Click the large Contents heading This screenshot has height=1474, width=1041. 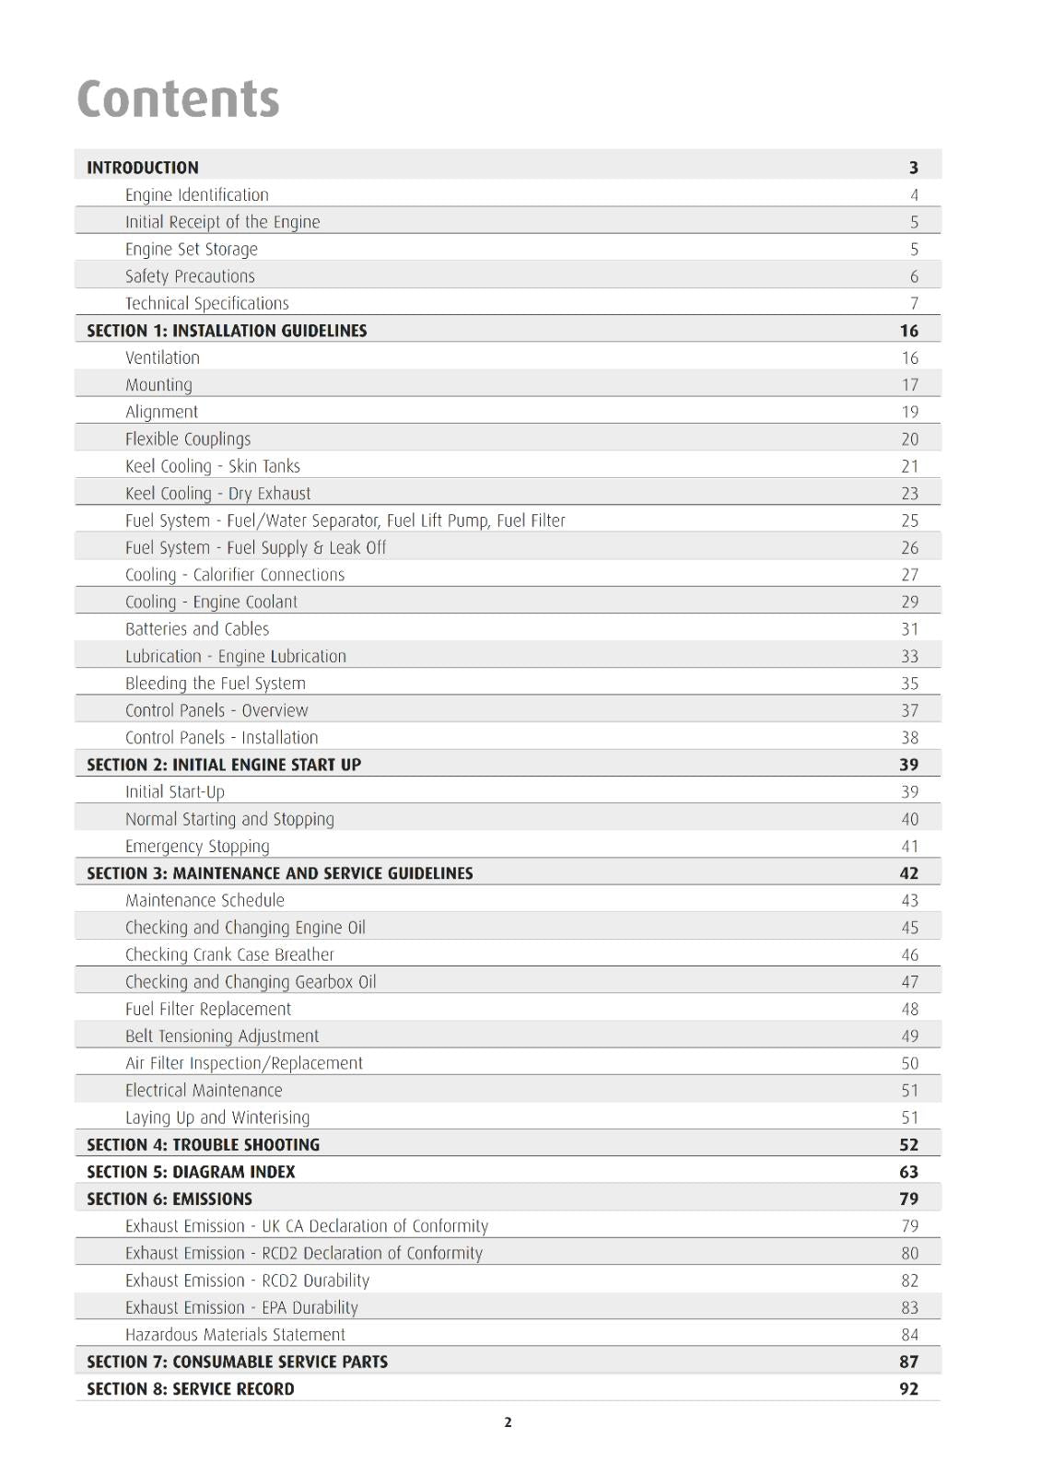click(x=178, y=99)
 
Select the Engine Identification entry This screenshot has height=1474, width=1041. click(x=197, y=195)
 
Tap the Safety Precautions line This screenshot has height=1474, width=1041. click(x=190, y=276)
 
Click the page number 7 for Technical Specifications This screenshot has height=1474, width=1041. click(x=914, y=304)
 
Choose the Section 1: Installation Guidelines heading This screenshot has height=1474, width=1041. click(x=227, y=331)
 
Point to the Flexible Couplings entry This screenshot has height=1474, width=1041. click(x=188, y=439)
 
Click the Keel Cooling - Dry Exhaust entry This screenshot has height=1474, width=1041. click(x=218, y=494)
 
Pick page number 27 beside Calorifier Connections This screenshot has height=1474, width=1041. click(x=910, y=575)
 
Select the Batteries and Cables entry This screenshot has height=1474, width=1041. click(x=197, y=629)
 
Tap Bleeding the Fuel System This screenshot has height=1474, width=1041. click(x=216, y=684)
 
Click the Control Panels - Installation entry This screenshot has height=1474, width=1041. click(x=222, y=738)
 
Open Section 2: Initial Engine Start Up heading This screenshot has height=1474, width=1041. click(x=224, y=765)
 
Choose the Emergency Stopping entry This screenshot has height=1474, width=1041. click(x=197, y=847)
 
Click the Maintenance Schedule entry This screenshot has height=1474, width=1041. click(x=205, y=901)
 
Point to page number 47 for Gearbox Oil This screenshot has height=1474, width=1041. click(x=910, y=982)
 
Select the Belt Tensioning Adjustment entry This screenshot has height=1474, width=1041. click(x=222, y=1036)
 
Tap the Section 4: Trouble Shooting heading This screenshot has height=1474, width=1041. click(x=203, y=1145)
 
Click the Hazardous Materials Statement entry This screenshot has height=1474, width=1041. click(x=235, y=1335)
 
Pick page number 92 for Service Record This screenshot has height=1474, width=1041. click(x=909, y=1389)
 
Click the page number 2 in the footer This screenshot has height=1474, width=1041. click(x=508, y=1422)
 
